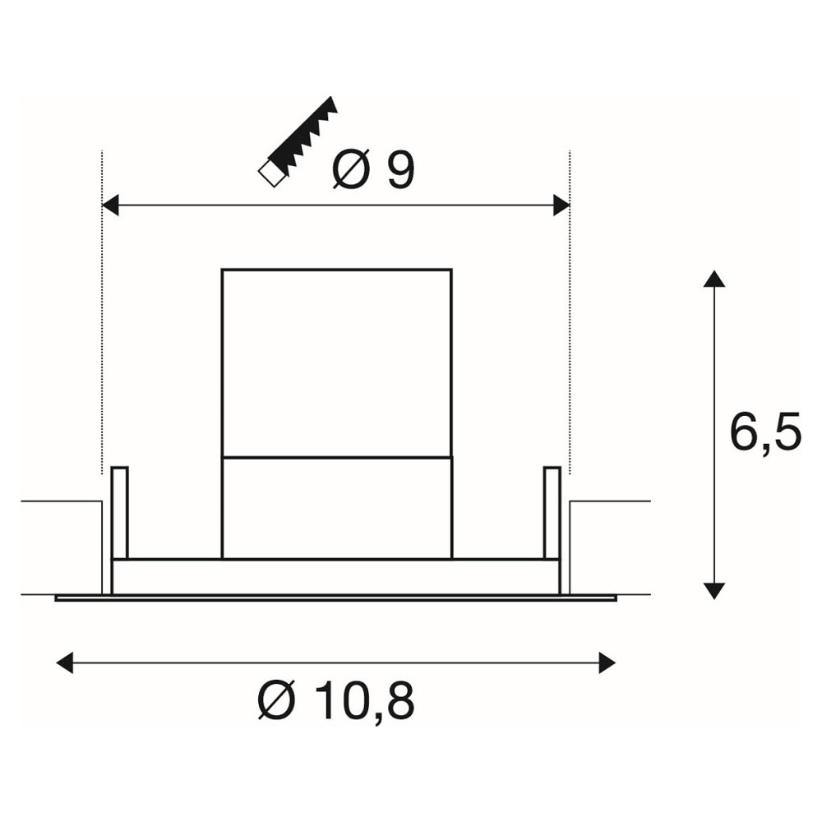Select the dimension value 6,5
(765, 432)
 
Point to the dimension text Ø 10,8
(336, 700)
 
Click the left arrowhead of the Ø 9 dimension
(110, 205)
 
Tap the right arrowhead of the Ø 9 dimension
(561, 205)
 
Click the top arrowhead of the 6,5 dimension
(714, 279)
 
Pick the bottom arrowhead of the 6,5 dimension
(714, 591)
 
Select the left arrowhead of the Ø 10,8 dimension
(64, 663)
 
